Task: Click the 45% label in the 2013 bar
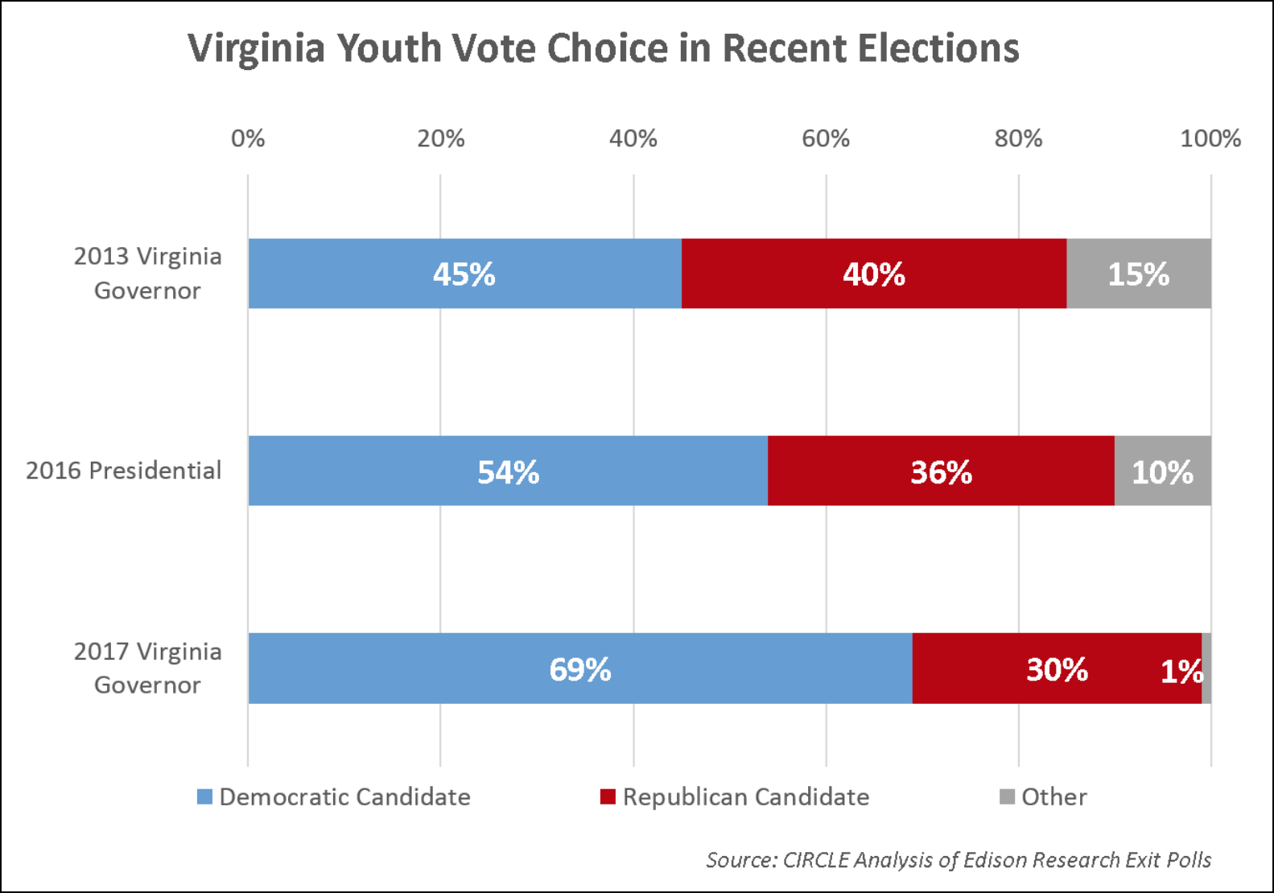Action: tap(464, 274)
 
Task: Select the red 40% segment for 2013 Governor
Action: tap(874, 274)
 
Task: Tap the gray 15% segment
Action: tap(1138, 274)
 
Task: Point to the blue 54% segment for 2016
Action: tap(508, 471)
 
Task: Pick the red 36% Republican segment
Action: tap(941, 471)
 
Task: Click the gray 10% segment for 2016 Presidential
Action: tap(1162, 471)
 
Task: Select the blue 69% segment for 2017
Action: tap(579, 669)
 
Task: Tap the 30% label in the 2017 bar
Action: tap(1057, 669)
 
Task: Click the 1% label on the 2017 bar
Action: tap(1181, 671)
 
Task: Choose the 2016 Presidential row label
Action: tap(123, 471)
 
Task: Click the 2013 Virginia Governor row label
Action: tap(147, 273)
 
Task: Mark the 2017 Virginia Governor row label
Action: tap(147, 668)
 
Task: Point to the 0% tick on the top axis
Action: tap(248, 138)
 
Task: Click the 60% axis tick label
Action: tap(826, 138)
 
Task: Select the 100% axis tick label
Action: tap(1210, 138)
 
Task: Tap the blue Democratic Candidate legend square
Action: tap(205, 796)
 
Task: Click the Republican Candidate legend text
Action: tap(746, 796)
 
